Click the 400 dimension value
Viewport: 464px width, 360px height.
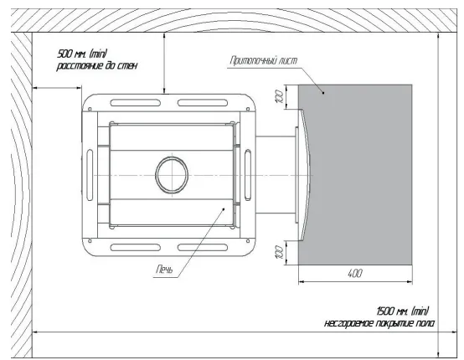coord(355,273)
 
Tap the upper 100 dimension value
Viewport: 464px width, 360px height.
coord(280,96)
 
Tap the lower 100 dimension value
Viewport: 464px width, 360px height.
coord(280,252)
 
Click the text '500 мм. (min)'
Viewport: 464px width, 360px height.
coord(82,54)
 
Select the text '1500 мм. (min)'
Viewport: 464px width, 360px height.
coord(403,311)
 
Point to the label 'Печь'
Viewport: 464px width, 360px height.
coord(164,270)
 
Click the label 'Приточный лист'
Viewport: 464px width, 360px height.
coord(263,60)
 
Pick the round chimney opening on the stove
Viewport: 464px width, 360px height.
coord(172,175)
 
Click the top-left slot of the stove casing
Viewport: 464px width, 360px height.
coord(136,103)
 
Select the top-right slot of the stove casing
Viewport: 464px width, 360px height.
coord(203,103)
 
